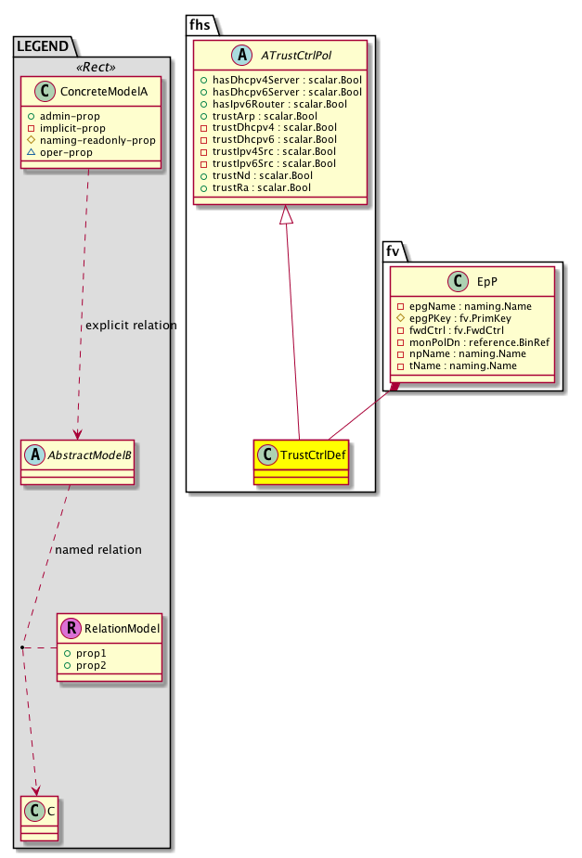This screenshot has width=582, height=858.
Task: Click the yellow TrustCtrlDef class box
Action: (x=299, y=462)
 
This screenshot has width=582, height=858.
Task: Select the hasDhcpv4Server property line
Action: (x=279, y=82)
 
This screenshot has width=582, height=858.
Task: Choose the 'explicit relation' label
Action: (x=130, y=326)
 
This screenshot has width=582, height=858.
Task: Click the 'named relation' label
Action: (x=98, y=549)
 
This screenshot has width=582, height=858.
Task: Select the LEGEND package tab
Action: (x=43, y=45)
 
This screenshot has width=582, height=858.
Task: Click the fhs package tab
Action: (x=200, y=24)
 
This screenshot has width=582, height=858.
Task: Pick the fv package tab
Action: (x=393, y=250)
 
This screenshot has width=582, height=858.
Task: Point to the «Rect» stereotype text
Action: (x=92, y=66)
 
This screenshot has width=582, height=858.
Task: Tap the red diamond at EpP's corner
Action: (x=395, y=386)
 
